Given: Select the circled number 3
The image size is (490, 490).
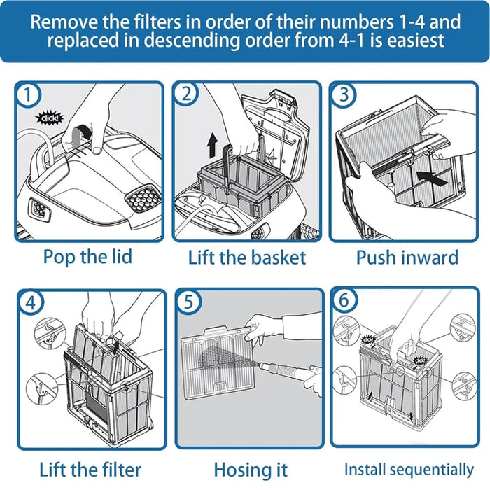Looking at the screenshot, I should click(x=343, y=94).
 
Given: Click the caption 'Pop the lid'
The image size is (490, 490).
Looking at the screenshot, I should click(x=87, y=256).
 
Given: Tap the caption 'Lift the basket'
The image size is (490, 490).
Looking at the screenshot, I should click(x=246, y=257).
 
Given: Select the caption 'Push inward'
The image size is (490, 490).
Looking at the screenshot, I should click(x=407, y=257).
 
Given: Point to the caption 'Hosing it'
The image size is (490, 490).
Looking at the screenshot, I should click(x=250, y=470).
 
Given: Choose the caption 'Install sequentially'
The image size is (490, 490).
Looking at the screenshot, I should click(x=408, y=469).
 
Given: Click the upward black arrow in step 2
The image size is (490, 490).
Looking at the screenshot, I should click(x=211, y=147).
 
